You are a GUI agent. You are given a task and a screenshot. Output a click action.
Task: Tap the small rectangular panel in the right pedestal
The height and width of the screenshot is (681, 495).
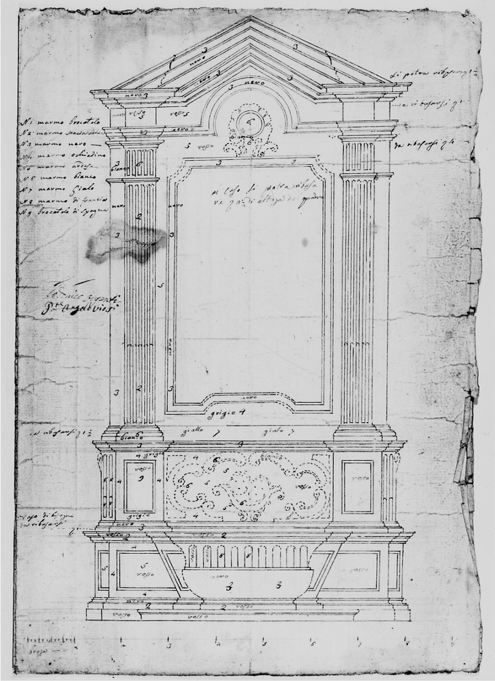[x=357, y=486]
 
